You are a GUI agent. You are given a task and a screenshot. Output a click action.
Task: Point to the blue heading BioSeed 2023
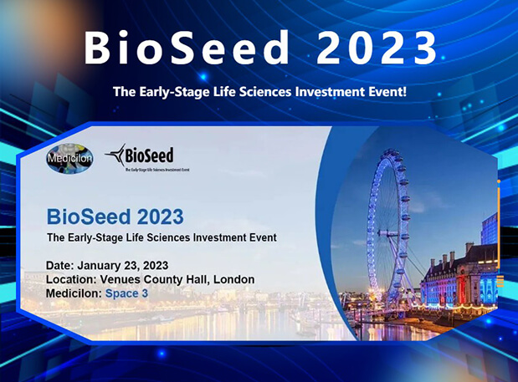click(115, 216)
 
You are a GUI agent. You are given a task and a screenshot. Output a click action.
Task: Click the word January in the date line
click(103, 266)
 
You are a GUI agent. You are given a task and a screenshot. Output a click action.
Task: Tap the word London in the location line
click(233, 279)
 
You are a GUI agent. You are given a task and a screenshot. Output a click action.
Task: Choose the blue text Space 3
click(126, 293)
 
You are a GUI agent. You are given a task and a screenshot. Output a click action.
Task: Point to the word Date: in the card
click(60, 266)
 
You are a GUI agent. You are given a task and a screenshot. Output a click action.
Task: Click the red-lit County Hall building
click(456, 284)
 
